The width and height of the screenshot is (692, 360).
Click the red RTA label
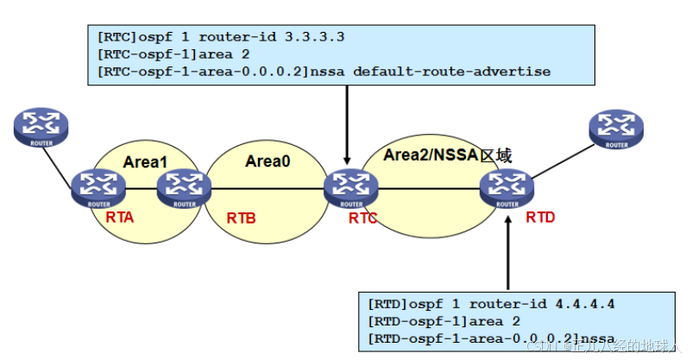(x=120, y=218)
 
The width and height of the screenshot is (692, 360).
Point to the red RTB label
(x=241, y=218)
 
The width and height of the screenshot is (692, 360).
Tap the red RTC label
(x=365, y=218)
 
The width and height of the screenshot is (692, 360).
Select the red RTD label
(x=540, y=218)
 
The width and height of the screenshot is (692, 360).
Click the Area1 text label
(x=144, y=161)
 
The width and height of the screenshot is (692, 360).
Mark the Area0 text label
(x=267, y=161)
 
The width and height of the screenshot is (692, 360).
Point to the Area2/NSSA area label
(x=448, y=156)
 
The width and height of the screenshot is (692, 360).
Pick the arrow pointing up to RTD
(x=507, y=250)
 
